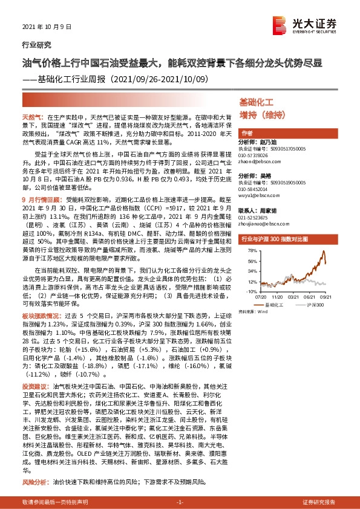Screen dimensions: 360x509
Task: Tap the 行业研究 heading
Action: (37, 45)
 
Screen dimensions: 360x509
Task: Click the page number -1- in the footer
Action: (180, 502)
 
